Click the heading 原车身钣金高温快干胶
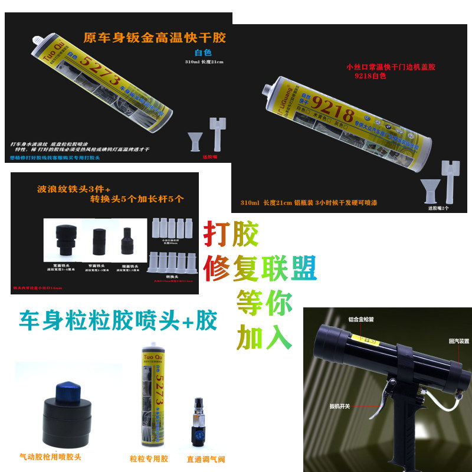click(x=155, y=38)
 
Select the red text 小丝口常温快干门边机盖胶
click(x=394, y=67)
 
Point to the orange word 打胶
click(x=231, y=235)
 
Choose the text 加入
click(x=264, y=337)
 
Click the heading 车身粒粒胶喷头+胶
click(x=118, y=321)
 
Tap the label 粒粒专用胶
click(x=149, y=458)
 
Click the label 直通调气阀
click(x=205, y=459)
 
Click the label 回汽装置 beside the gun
click(x=458, y=341)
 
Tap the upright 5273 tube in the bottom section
click(x=150, y=401)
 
